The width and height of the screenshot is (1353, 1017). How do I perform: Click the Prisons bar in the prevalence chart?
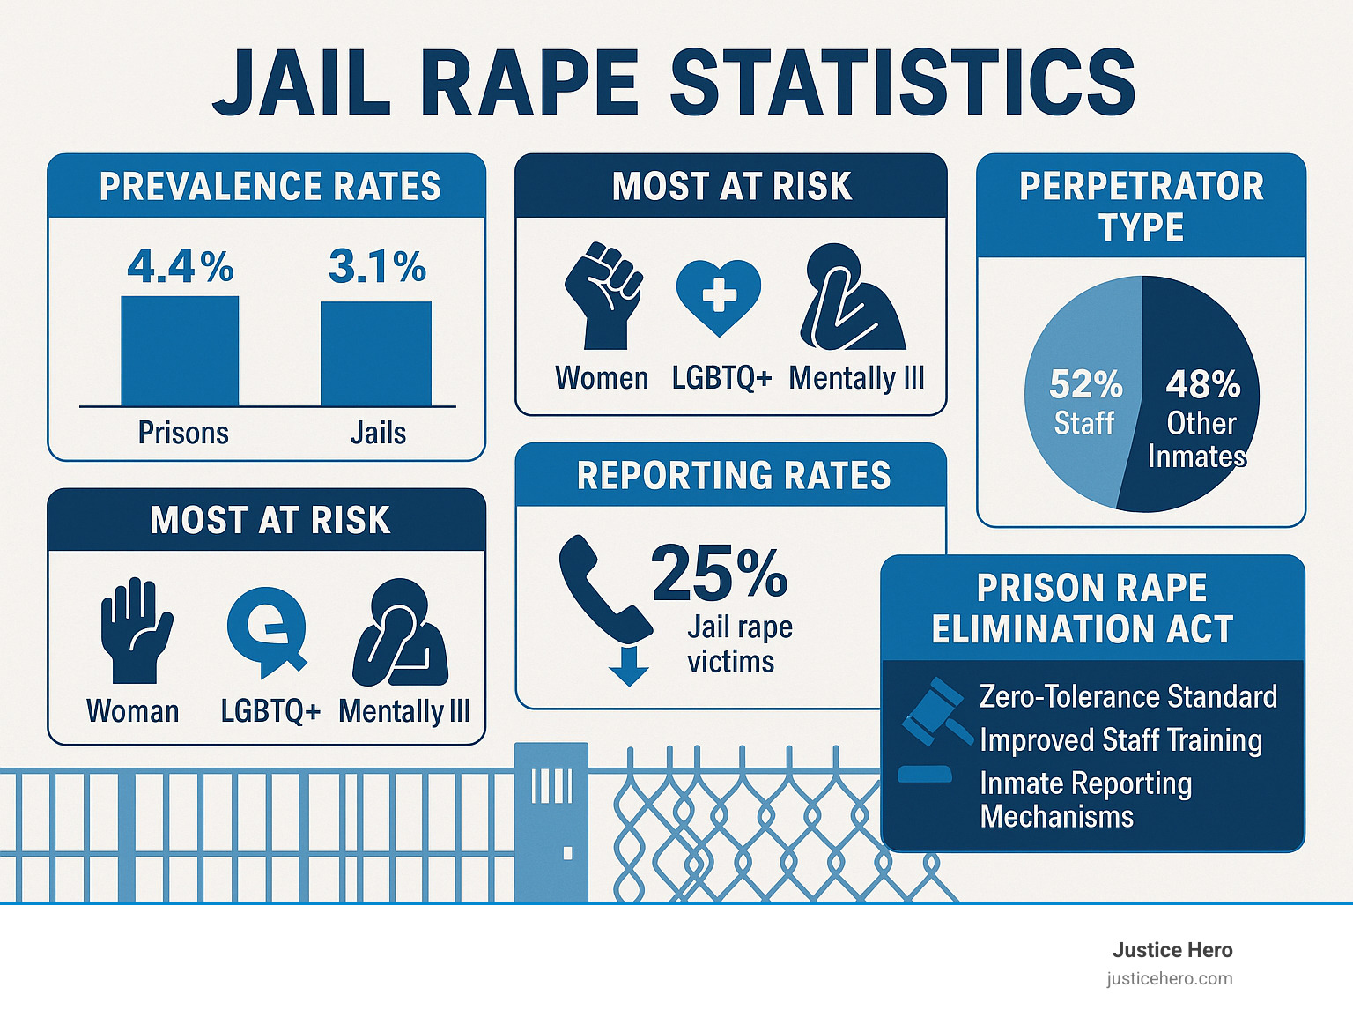(x=180, y=351)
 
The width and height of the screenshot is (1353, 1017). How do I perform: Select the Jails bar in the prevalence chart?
(x=376, y=353)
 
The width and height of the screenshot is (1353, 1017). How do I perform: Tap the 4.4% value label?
(x=181, y=266)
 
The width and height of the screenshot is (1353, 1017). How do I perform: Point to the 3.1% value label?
(x=377, y=266)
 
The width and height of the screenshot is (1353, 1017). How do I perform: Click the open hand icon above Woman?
(x=135, y=629)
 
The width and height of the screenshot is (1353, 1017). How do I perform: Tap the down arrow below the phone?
(x=629, y=665)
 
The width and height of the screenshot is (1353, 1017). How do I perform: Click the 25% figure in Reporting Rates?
(x=719, y=573)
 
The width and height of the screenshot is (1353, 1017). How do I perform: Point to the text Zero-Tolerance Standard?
(x=1127, y=696)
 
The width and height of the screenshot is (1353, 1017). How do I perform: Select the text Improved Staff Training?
(x=1120, y=740)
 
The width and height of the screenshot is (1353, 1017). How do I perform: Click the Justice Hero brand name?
(x=1172, y=950)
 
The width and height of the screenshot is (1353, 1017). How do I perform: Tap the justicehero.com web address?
(x=1170, y=978)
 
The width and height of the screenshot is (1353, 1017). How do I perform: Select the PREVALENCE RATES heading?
(x=270, y=187)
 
